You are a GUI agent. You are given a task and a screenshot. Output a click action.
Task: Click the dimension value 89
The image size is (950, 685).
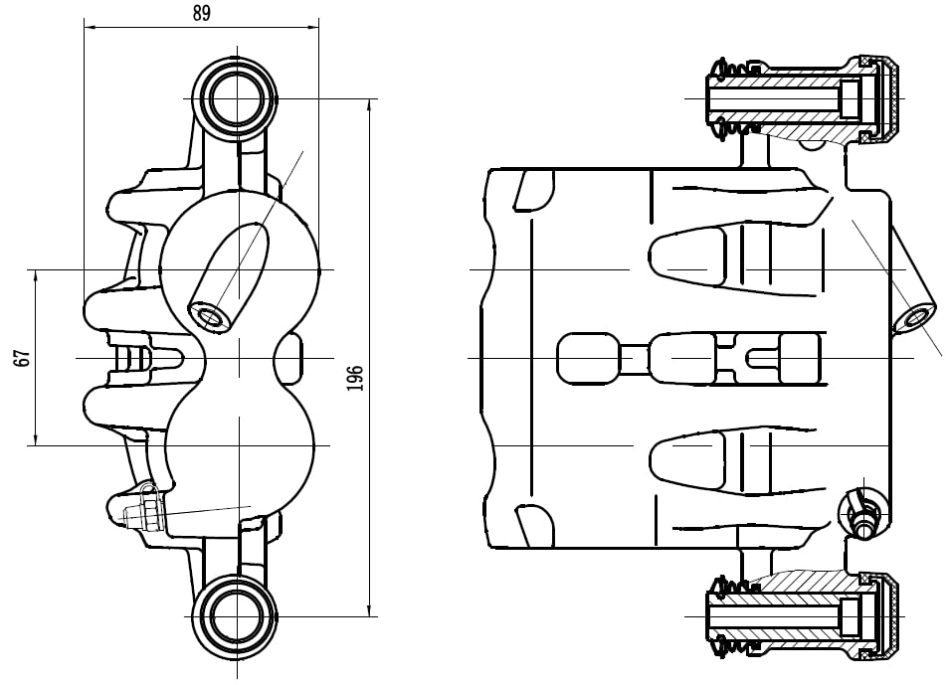click(x=201, y=13)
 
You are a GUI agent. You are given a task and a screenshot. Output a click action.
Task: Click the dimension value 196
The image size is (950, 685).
click(x=355, y=377)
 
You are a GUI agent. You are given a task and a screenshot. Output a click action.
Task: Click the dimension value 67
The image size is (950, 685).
click(x=21, y=358)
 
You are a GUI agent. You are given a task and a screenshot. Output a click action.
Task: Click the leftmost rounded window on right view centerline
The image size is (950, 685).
click(x=586, y=358)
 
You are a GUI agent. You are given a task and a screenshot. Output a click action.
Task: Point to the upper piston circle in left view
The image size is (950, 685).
click(x=239, y=268)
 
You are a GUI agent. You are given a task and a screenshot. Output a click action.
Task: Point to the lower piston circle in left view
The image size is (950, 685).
click(x=239, y=445)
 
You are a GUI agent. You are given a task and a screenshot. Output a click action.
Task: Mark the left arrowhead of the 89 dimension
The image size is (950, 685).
click(x=88, y=28)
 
